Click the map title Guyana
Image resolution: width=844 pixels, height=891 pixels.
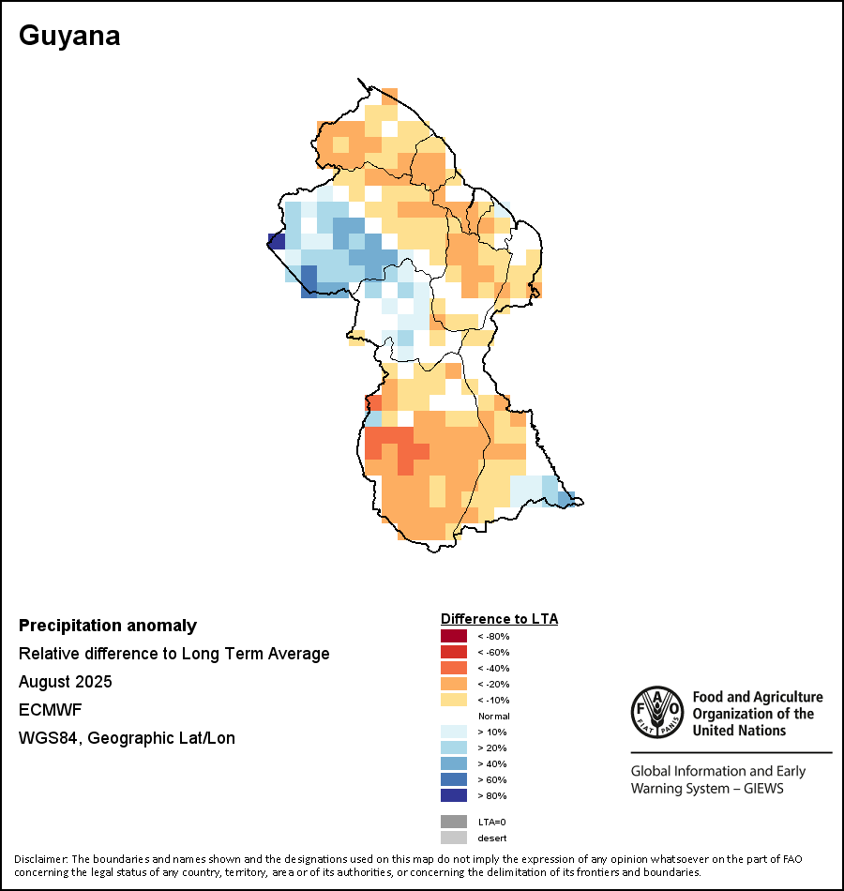(69, 37)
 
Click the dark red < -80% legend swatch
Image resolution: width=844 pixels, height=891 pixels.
(453, 636)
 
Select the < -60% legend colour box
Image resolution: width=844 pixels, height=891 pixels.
(453, 652)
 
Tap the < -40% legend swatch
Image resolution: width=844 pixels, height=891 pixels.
(453, 668)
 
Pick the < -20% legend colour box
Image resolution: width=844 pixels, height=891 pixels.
(453, 684)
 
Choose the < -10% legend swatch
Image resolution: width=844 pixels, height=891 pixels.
(453, 700)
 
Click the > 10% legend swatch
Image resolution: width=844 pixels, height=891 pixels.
(453, 732)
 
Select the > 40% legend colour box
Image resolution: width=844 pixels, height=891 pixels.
(453, 763)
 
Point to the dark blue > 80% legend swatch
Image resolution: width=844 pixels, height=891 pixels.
(453, 795)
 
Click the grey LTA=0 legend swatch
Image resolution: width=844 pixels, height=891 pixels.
(453, 822)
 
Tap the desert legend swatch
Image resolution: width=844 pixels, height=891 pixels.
(453, 838)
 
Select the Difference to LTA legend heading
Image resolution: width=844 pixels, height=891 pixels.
(499, 619)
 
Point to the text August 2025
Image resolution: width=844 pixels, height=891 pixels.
(65, 681)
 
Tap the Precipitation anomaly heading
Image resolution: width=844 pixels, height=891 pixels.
(108, 626)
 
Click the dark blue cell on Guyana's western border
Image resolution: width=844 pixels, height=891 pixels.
(276, 240)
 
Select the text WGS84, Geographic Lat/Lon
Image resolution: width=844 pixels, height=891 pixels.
(127, 738)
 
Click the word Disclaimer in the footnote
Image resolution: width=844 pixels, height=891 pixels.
(40, 859)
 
